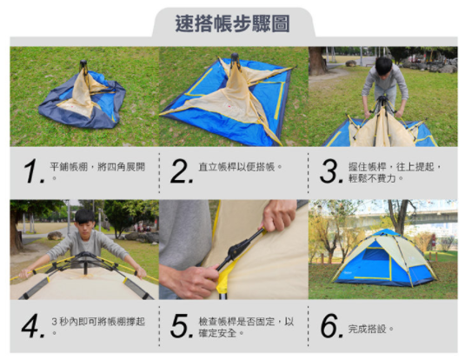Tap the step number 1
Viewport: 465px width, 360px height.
coord(33,172)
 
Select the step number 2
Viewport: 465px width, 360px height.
coord(181,172)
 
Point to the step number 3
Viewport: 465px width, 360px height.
coord(329,172)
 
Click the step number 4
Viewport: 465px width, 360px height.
coord(33,326)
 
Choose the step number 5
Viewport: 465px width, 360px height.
coord(181,326)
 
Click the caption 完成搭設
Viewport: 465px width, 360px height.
coord(371,329)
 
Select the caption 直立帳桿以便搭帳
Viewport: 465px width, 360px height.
coord(241,165)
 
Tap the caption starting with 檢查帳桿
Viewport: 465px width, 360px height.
coord(246,326)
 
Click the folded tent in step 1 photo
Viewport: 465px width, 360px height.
coord(82,98)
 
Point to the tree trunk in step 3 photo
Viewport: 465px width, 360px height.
coord(317,59)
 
